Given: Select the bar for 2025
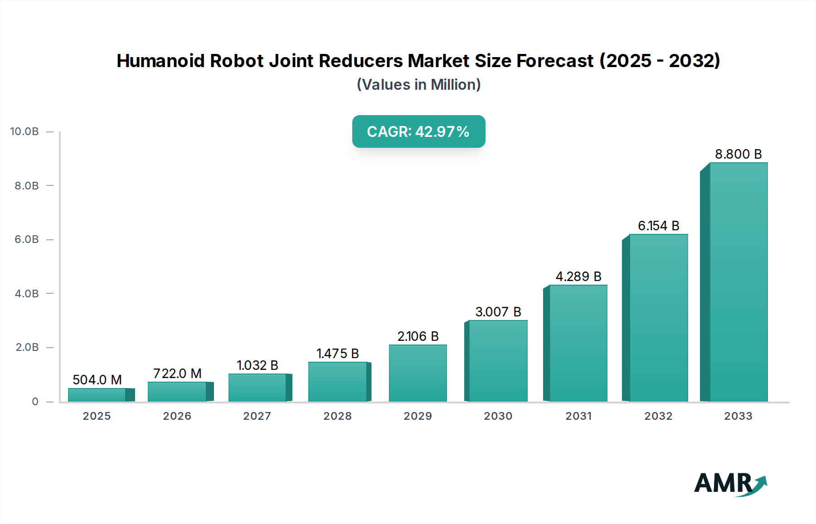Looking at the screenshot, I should tap(97, 395).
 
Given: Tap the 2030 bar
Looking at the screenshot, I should tap(498, 361).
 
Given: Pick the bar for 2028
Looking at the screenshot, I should tap(337, 382).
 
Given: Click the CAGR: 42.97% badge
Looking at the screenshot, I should tap(418, 131).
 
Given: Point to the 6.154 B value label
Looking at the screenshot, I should tap(658, 226).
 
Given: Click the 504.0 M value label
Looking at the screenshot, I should tap(97, 380).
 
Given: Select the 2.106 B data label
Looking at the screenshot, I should tap(418, 336).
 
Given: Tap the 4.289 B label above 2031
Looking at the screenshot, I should tap(578, 277).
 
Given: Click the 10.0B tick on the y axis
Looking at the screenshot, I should tap(24, 131).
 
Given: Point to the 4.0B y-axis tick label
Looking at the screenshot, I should tap(27, 293).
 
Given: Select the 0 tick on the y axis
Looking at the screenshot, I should tap(35, 402).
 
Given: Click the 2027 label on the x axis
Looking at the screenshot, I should tap(257, 416).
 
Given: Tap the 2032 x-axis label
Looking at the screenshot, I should tap(658, 416).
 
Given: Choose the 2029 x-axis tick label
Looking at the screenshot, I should tap(418, 416).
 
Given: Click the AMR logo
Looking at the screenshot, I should tap(730, 484).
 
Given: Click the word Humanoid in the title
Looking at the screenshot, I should tap(161, 61).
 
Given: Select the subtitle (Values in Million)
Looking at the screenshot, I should tap(418, 85).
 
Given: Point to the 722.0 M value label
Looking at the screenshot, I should tap(177, 374).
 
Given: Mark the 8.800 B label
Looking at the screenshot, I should tap(738, 154).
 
